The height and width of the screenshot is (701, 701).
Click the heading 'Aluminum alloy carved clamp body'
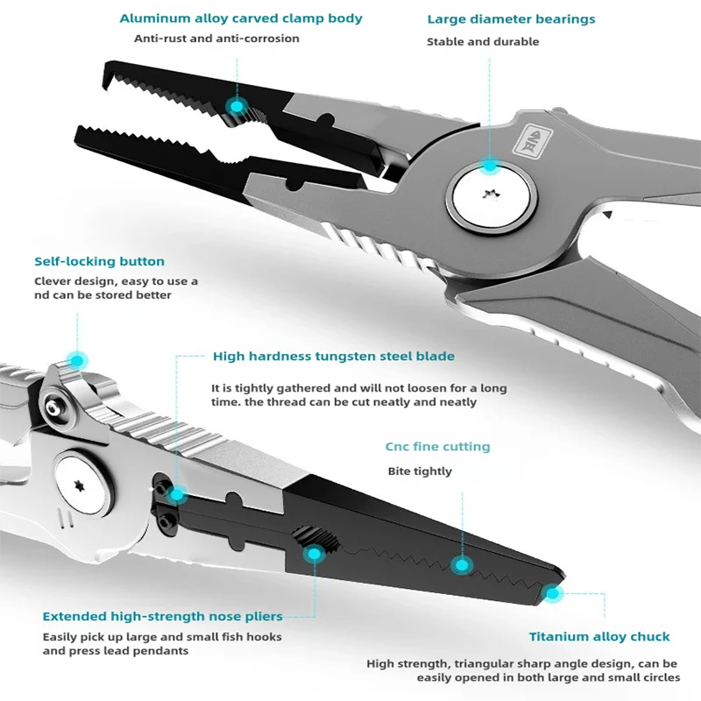pos(241,18)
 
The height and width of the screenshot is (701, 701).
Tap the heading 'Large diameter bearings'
pos(511,19)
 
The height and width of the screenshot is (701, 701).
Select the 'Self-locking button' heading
pos(99,261)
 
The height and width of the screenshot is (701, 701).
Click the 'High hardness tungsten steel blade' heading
pos(334,357)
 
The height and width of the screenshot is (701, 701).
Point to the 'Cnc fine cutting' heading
pos(437,447)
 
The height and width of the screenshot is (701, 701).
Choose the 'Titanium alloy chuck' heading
pos(599,637)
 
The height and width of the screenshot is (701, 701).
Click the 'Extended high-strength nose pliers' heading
pos(163,617)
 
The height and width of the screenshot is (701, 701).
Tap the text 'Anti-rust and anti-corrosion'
pos(216,39)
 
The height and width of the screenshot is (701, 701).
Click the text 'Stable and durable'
pos(483,41)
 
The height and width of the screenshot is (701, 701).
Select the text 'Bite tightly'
pos(420,471)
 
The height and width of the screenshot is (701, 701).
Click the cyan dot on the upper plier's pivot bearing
pos(490,166)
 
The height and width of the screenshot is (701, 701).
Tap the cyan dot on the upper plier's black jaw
pos(237,106)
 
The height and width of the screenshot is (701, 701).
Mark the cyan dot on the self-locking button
pos(77,360)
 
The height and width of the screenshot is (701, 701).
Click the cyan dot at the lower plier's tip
pos(553,593)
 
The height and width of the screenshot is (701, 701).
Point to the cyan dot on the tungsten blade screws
pos(178,494)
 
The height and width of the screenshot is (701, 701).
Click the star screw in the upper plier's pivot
pos(491,194)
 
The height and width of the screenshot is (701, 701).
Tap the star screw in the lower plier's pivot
pos(80,486)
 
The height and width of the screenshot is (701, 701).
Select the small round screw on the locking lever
pos(54,407)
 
